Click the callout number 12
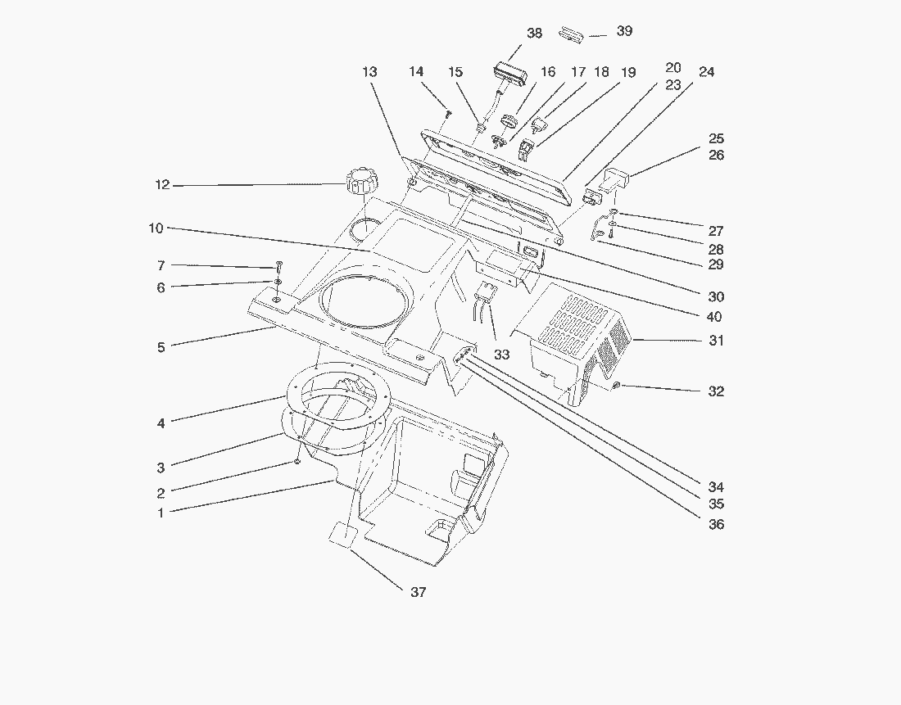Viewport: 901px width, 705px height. pyautogui.click(x=161, y=185)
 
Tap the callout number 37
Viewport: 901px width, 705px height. pyautogui.click(x=418, y=592)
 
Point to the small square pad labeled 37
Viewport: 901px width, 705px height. pyautogui.click(x=342, y=536)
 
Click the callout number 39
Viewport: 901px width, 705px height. pyautogui.click(x=624, y=31)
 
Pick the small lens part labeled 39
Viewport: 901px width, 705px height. pyautogui.click(x=570, y=34)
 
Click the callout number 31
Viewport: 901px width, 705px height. pyautogui.click(x=717, y=341)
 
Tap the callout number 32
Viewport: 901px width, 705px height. pyautogui.click(x=717, y=391)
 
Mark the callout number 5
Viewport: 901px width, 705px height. pyautogui.click(x=161, y=347)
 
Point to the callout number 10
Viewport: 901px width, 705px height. pyautogui.click(x=156, y=228)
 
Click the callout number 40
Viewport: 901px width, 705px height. pyautogui.click(x=714, y=317)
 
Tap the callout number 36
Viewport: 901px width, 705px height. pyautogui.click(x=717, y=524)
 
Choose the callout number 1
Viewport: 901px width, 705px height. pyautogui.click(x=161, y=513)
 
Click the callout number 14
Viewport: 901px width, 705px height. pyautogui.click(x=416, y=72)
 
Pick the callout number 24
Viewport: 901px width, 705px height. pyautogui.click(x=706, y=72)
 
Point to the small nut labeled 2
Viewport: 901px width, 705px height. pyautogui.click(x=297, y=463)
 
